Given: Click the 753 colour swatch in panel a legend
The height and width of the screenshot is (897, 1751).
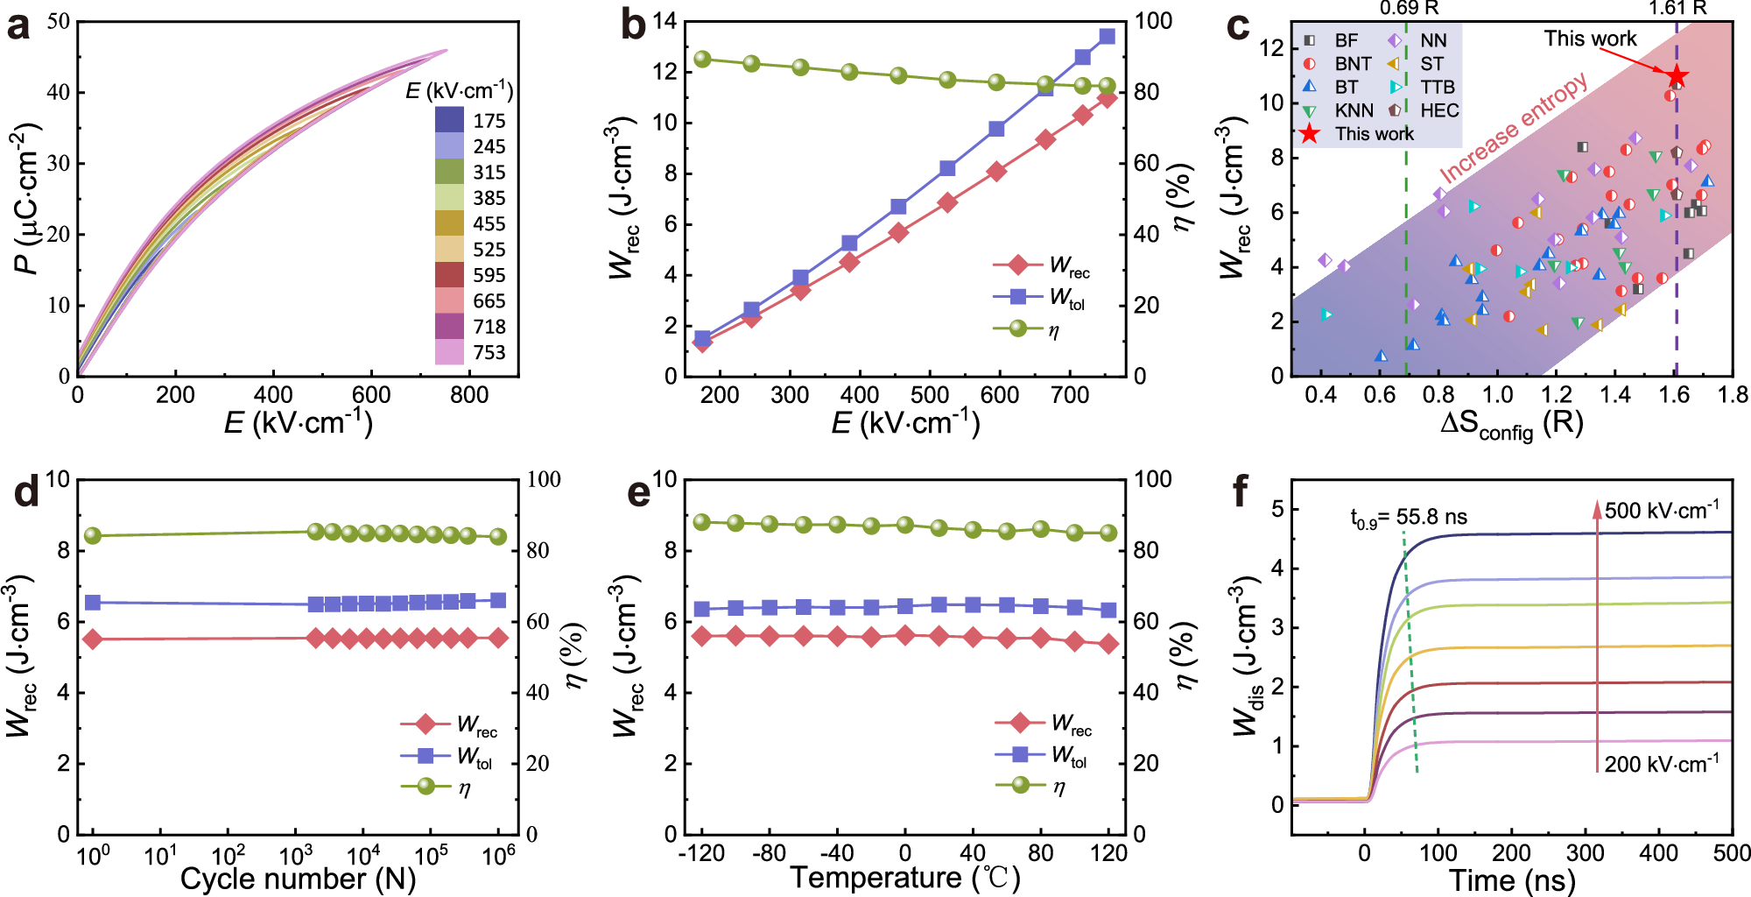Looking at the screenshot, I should coord(449,352).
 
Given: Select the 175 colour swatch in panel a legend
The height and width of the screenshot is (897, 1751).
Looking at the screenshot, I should coord(449,120).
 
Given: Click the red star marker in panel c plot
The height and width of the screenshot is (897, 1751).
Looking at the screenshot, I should coord(1676,77).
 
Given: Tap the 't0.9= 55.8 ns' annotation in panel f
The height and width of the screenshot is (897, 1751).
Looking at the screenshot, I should coord(1409,519).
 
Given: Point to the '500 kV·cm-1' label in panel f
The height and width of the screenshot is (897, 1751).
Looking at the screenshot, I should coord(1662,511).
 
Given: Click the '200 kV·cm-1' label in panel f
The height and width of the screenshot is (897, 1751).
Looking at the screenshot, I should coord(1662,764).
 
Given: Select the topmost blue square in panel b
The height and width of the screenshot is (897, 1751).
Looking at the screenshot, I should coord(1107,37).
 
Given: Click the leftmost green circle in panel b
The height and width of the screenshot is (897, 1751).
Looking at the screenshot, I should coord(702,60).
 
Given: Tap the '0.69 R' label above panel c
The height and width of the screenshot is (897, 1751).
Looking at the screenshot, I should coord(1409,9).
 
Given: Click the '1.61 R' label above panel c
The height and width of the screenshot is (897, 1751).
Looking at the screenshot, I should coord(1677,9).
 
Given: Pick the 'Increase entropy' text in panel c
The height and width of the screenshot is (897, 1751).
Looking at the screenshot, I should coord(1514,129).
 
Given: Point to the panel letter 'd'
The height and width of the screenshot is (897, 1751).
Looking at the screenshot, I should coord(26,492).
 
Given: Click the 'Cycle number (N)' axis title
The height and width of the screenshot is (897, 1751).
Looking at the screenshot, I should coord(298,879).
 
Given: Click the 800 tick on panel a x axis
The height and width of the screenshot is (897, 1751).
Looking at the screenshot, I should coord(469,395).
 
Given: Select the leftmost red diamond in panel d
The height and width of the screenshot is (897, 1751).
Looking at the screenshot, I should coord(93,639).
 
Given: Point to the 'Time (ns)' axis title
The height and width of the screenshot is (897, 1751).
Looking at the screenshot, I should coord(1512,879).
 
